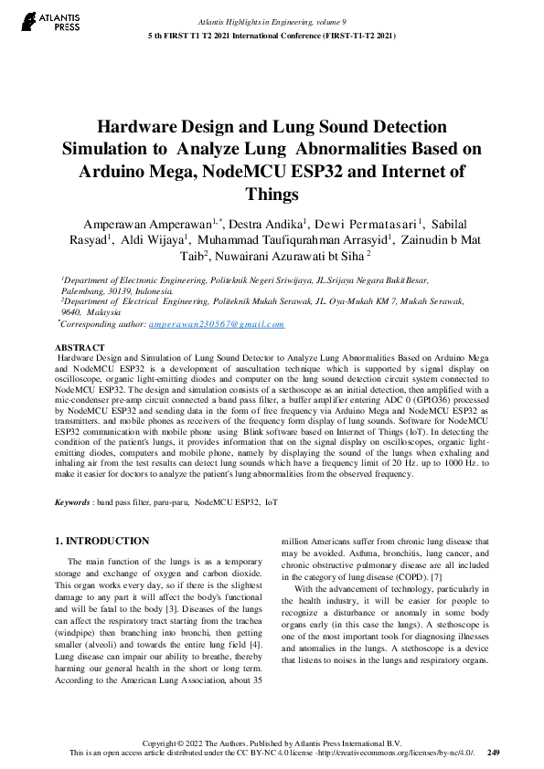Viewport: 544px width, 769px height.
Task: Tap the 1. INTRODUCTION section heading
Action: click(x=102, y=541)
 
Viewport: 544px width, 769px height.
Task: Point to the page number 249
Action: click(x=493, y=753)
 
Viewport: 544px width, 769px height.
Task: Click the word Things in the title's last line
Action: click(x=272, y=195)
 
